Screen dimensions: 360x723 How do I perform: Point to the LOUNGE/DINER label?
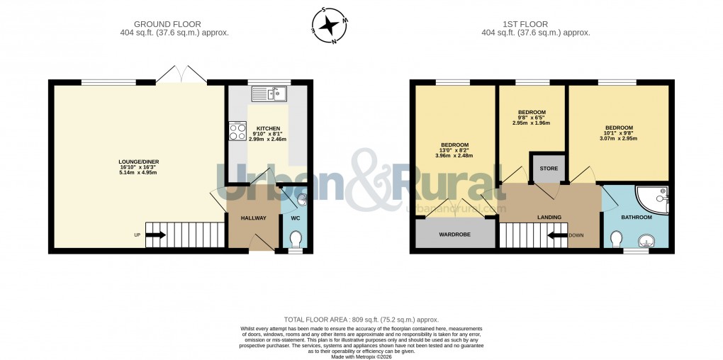tap(138, 162)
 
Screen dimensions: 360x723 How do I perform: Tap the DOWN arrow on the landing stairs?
tap(558, 235)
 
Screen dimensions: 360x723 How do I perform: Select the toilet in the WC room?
tap(296, 240)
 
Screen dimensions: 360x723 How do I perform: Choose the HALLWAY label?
tap(252, 218)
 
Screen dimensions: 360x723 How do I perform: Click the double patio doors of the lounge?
tap(181, 74)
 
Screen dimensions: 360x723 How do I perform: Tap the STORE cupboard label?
tap(549, 169)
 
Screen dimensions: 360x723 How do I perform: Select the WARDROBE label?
tap(454, 234)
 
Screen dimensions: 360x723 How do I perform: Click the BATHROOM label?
tap(636, 218)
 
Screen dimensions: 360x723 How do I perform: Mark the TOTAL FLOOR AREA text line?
tap(361, 320)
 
